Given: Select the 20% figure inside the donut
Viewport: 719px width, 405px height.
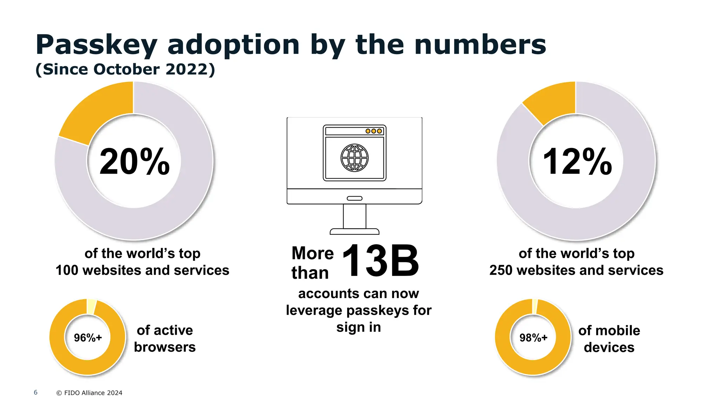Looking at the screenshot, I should [134, 161].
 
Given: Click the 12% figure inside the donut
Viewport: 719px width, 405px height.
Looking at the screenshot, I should [577, 161].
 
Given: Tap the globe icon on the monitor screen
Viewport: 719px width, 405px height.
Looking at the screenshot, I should [355, 158].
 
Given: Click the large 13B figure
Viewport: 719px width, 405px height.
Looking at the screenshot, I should [380, 261].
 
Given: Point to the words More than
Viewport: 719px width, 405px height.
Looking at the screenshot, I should [312, 263].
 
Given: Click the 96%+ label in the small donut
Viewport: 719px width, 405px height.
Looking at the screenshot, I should [88, 337].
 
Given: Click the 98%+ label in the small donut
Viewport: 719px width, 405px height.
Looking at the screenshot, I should [533, 337].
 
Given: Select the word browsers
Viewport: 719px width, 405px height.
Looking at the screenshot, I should [165, 347].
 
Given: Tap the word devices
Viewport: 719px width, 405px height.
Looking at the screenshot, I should [609, 347].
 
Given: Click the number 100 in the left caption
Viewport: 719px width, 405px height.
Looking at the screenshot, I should [67, 270].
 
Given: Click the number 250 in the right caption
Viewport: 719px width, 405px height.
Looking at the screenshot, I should [501, 270].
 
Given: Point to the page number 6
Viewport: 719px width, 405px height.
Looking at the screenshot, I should [35, 392].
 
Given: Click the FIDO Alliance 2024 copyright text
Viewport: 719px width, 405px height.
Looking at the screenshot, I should [90, 393].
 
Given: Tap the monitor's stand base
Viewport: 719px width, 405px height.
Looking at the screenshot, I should [355, 231].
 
